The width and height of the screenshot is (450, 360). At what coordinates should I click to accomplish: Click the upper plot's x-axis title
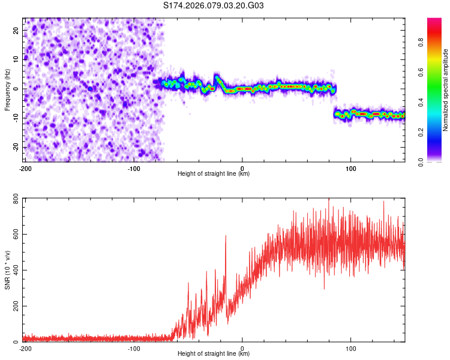click(x=214, y=174)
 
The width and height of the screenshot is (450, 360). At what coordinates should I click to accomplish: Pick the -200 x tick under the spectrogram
click(x=25, y=167)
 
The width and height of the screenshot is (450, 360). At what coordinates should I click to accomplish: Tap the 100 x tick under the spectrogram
click(x=352, y=167)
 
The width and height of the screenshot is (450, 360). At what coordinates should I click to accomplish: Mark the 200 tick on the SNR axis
click(x=14, y=307)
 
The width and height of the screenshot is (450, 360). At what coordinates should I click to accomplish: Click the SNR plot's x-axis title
click(x=214, y=354)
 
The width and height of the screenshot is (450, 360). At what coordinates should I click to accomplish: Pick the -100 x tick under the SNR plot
click(x=134, y=348)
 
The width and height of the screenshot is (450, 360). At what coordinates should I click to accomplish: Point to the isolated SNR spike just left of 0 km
click(x=226, y=236)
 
